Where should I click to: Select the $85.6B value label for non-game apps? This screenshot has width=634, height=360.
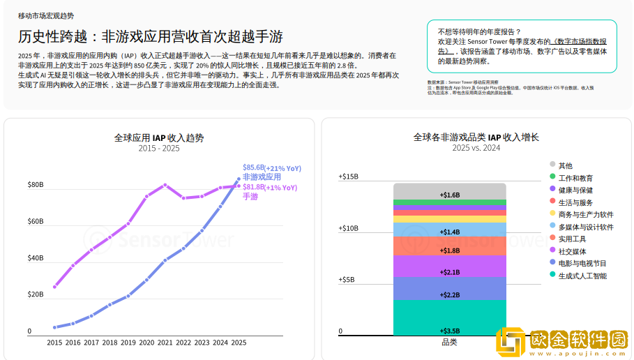(253, 167)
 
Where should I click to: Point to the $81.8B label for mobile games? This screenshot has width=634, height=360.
(253, 187)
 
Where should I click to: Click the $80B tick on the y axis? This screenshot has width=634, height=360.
(35, 185)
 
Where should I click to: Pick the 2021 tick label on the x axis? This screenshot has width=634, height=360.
(165, 343)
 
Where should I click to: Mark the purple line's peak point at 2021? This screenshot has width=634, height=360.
(165, 185)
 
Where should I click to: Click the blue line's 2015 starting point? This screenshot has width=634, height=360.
(54, 327)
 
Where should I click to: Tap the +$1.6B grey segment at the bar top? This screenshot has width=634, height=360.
(449, 195)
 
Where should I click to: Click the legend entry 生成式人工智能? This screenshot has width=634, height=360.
(582, 276)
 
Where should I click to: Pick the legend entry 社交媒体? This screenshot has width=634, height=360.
(572, 251)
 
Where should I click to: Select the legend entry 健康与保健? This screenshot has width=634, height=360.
(575, 190)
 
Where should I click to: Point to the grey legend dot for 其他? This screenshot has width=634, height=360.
(552, 165)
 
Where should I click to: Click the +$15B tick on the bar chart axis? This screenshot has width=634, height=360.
(348, 177)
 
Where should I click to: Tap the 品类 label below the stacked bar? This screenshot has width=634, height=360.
(449, 342)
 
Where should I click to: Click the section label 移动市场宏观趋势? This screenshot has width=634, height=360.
(45, 15)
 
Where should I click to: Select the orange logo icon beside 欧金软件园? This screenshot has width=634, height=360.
(511, 343)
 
